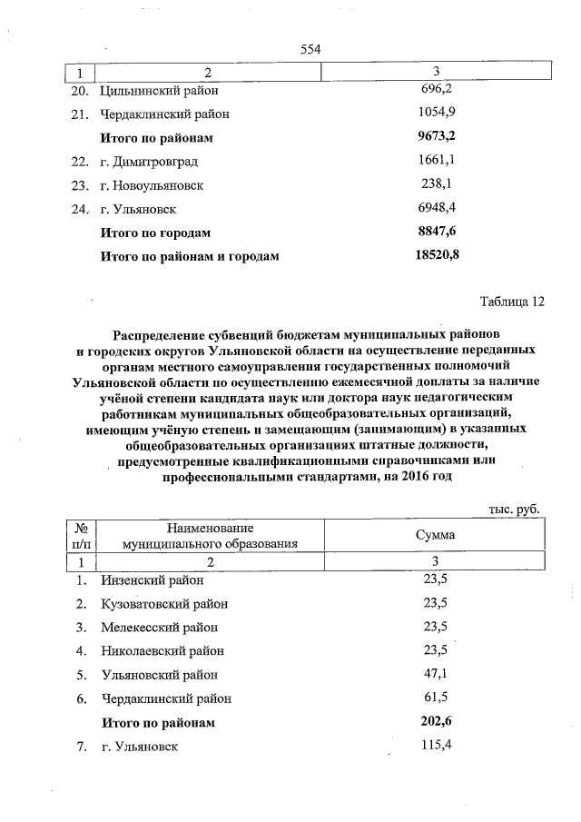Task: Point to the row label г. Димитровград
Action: click(149, 162)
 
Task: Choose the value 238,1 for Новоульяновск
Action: click(437, 184)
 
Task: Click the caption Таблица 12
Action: click(510, 302)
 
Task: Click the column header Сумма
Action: click(436, 535)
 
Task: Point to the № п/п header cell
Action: click(83, 535)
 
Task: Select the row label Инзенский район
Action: click(153, 579)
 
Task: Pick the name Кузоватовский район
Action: click(164, 603)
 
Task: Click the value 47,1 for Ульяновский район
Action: click(437, 674)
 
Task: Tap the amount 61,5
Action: click(437, 698)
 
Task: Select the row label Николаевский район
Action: click(162, 650)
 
